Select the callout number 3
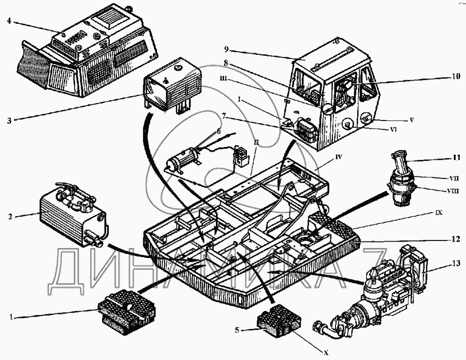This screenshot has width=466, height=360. tap(9, 122)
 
